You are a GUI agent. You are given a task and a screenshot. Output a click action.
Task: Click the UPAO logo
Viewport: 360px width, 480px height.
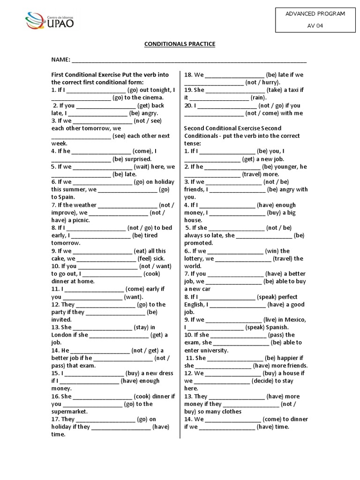pos(49,21)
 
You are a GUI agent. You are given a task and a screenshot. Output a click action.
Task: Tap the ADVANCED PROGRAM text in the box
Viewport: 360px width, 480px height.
pos(315,14)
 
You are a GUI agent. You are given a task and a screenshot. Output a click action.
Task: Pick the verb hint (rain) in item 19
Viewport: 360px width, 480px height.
pos(258,98)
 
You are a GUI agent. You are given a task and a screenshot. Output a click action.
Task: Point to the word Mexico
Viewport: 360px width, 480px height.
pos(295,320)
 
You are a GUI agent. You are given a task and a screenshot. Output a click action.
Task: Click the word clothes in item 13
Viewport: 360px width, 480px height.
pos(228,412)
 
